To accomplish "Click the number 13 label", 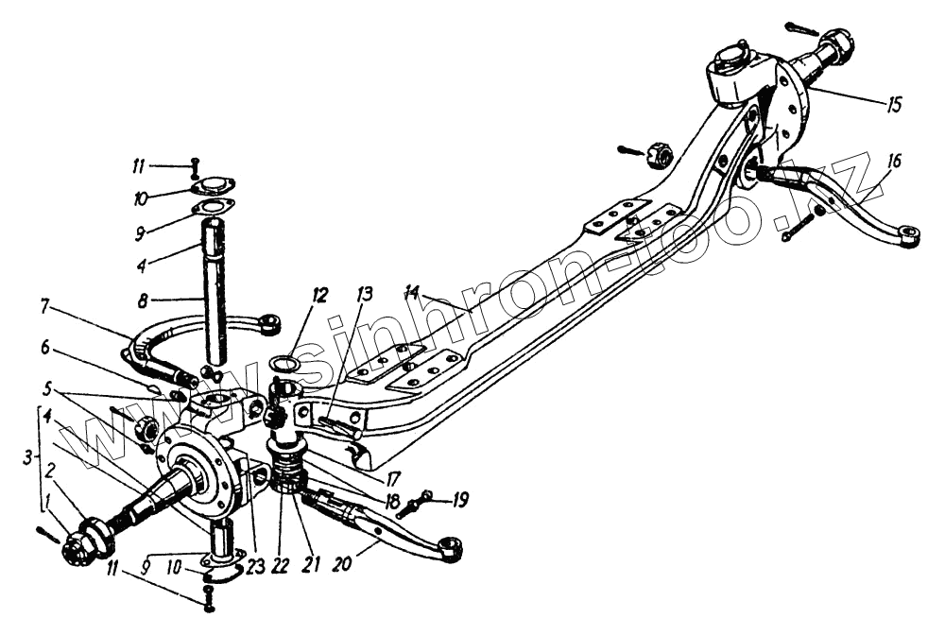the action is [x=365, y=297].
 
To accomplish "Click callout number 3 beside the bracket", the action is [x=32, y=457].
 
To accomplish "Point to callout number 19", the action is [x=460, y=500].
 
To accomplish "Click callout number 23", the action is [x=252, y=565].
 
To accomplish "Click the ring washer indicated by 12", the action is [x=287, y=364].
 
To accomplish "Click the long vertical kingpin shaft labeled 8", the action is [x=216, y=293].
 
